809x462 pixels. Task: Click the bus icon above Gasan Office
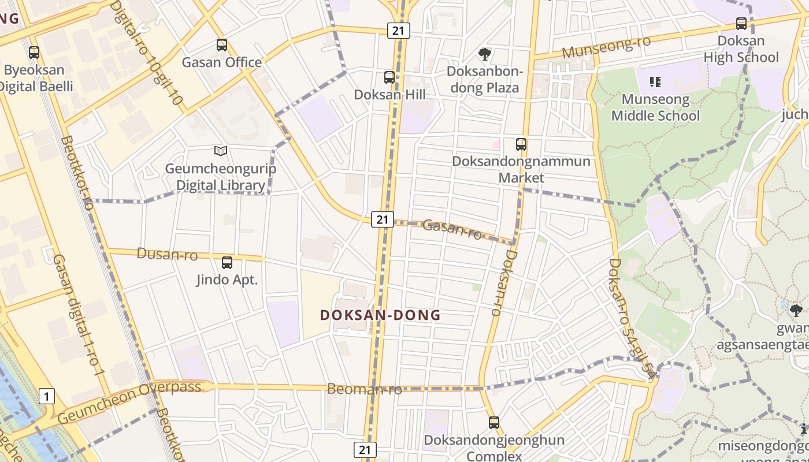(222, 45)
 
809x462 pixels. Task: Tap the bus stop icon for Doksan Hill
(389, 77)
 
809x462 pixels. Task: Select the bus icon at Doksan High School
(741, 24)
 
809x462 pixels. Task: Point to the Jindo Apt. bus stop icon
(227, 263)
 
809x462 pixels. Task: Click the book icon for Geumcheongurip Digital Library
(220, 151)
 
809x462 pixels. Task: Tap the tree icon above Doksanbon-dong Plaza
(485, 54)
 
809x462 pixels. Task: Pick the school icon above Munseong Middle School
(655, 82)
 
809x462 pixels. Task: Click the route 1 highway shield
(47, 396)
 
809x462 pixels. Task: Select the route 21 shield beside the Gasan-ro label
(382, 219)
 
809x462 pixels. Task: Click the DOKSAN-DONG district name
(380, 315)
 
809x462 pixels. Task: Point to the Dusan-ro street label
(167, 254)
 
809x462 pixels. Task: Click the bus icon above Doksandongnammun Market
(521, 144)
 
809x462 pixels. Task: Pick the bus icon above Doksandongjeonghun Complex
(493, 423)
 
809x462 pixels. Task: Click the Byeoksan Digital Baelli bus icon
(34, 53)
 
